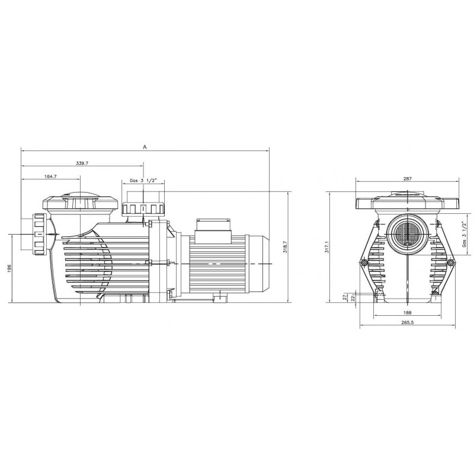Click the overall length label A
coord(145,147)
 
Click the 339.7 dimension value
coord(82,164)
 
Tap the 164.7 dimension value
coord(50,177)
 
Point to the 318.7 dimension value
coord(285,247)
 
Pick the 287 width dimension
coord(408,179)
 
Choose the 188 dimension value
coord(408,313)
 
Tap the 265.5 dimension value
coord(408,322)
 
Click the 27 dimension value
coord(345,297)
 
